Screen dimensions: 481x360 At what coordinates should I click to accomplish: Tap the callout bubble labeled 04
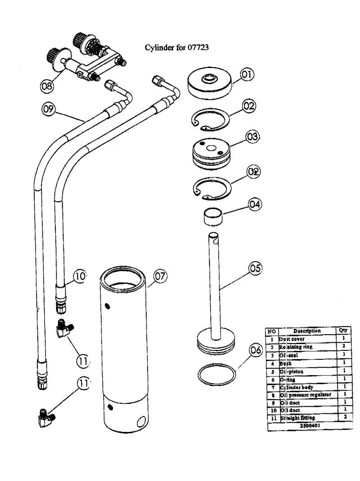click(255, 205)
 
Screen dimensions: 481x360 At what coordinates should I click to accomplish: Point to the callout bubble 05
click(255, 268)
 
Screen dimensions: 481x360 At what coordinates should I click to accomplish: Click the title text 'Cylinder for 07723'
click(175, 47)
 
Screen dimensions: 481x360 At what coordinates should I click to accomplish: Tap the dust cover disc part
click(210, 84)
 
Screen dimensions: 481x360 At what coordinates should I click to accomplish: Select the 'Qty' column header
click(342, 330)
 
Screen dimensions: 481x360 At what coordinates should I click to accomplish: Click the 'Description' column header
click(306, 331)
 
